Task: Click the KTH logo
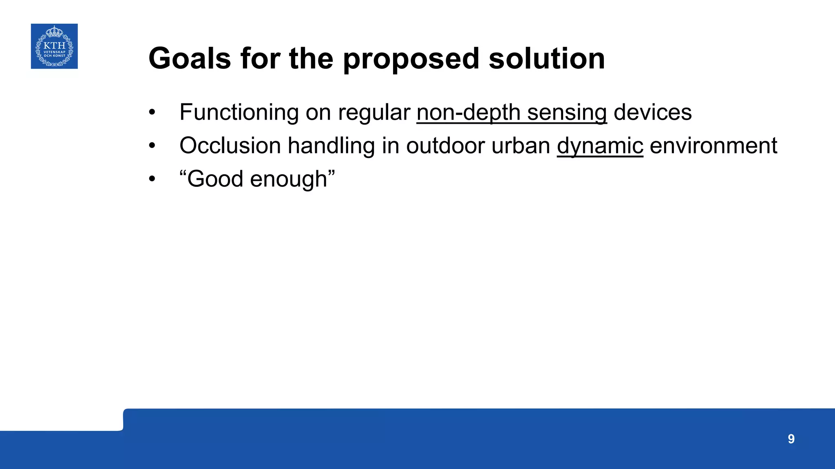(x=54, y=46)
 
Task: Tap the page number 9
(x=791, y=439)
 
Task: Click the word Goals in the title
(x=190, y=59)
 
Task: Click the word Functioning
(x=239, y=112)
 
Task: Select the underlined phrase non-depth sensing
(x=512, y=112)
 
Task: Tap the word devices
(x=652, y=112)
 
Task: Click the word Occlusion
(x=230, y=146)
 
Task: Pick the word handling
(x=331, y=146)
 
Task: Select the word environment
(x=713, y=146)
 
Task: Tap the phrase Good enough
(x=257, y=179)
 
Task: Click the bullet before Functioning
(x=152, y=112)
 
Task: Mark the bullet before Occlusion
(x=152, y=146)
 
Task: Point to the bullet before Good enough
(x=152, y=179)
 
